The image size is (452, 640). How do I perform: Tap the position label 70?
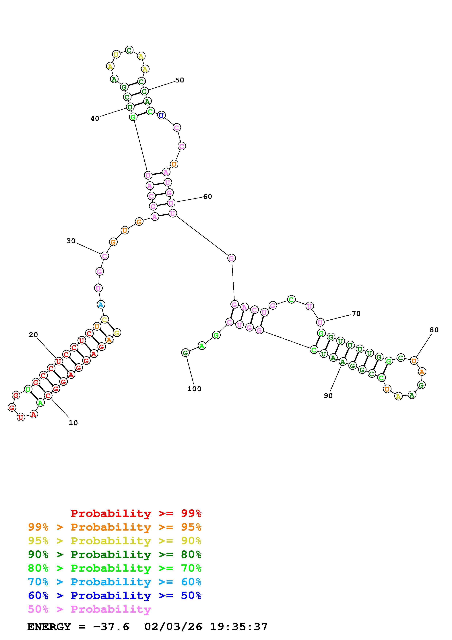point(356,314)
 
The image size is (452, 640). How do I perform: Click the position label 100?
point(194,389)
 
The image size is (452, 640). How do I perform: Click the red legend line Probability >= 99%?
point(136,513)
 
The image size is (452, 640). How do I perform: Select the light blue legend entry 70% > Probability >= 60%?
point(115,582)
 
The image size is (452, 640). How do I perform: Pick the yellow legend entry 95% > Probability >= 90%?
point(115,541)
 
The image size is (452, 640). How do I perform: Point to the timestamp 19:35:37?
point(239,627)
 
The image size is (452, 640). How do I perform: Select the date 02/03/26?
point(173,627)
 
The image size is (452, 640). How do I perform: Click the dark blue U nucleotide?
point(161,115)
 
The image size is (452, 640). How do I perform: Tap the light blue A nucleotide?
point(101,305)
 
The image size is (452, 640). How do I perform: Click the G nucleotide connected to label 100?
point(185,353)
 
